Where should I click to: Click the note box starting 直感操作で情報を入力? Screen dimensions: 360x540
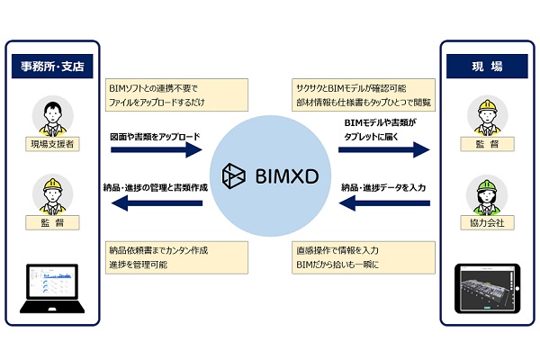(x=364, y=256)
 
